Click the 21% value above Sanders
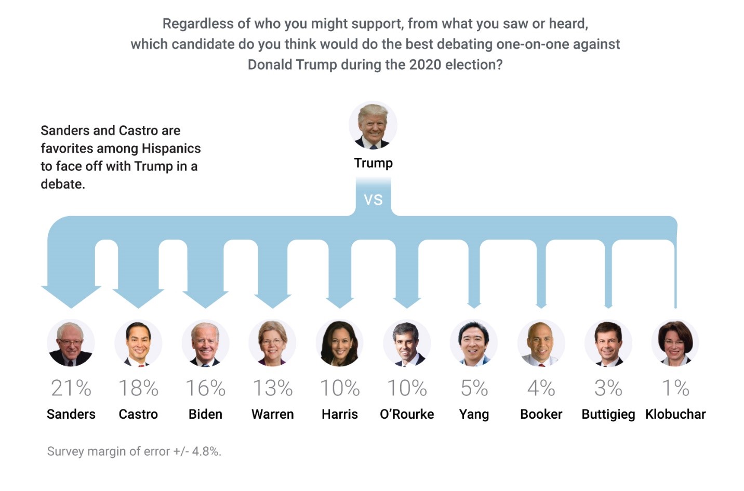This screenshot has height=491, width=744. coord(71,388)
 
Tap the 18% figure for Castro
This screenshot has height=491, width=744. coord(138,388)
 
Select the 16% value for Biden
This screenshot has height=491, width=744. coord(205,388)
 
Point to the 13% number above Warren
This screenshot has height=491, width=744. coord(272,388)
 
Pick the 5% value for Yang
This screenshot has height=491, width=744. coord(474,388)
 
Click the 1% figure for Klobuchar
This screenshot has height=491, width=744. coord(675,388)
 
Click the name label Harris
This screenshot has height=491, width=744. coord(340,414)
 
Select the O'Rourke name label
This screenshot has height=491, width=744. coord(407,414)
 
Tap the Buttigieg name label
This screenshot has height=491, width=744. coord(608,414)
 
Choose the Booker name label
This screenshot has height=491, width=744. coord(541,414)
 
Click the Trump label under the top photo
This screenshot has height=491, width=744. coord(373,163)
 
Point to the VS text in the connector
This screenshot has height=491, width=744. coord(373,200)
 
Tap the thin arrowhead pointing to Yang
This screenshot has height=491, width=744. coord(474,304)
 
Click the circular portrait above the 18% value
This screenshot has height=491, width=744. coord(138,343)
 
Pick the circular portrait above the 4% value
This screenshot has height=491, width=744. coord(541,343)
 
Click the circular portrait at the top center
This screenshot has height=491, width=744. coord(373,126)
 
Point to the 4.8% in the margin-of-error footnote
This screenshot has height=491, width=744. coord(206,451)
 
